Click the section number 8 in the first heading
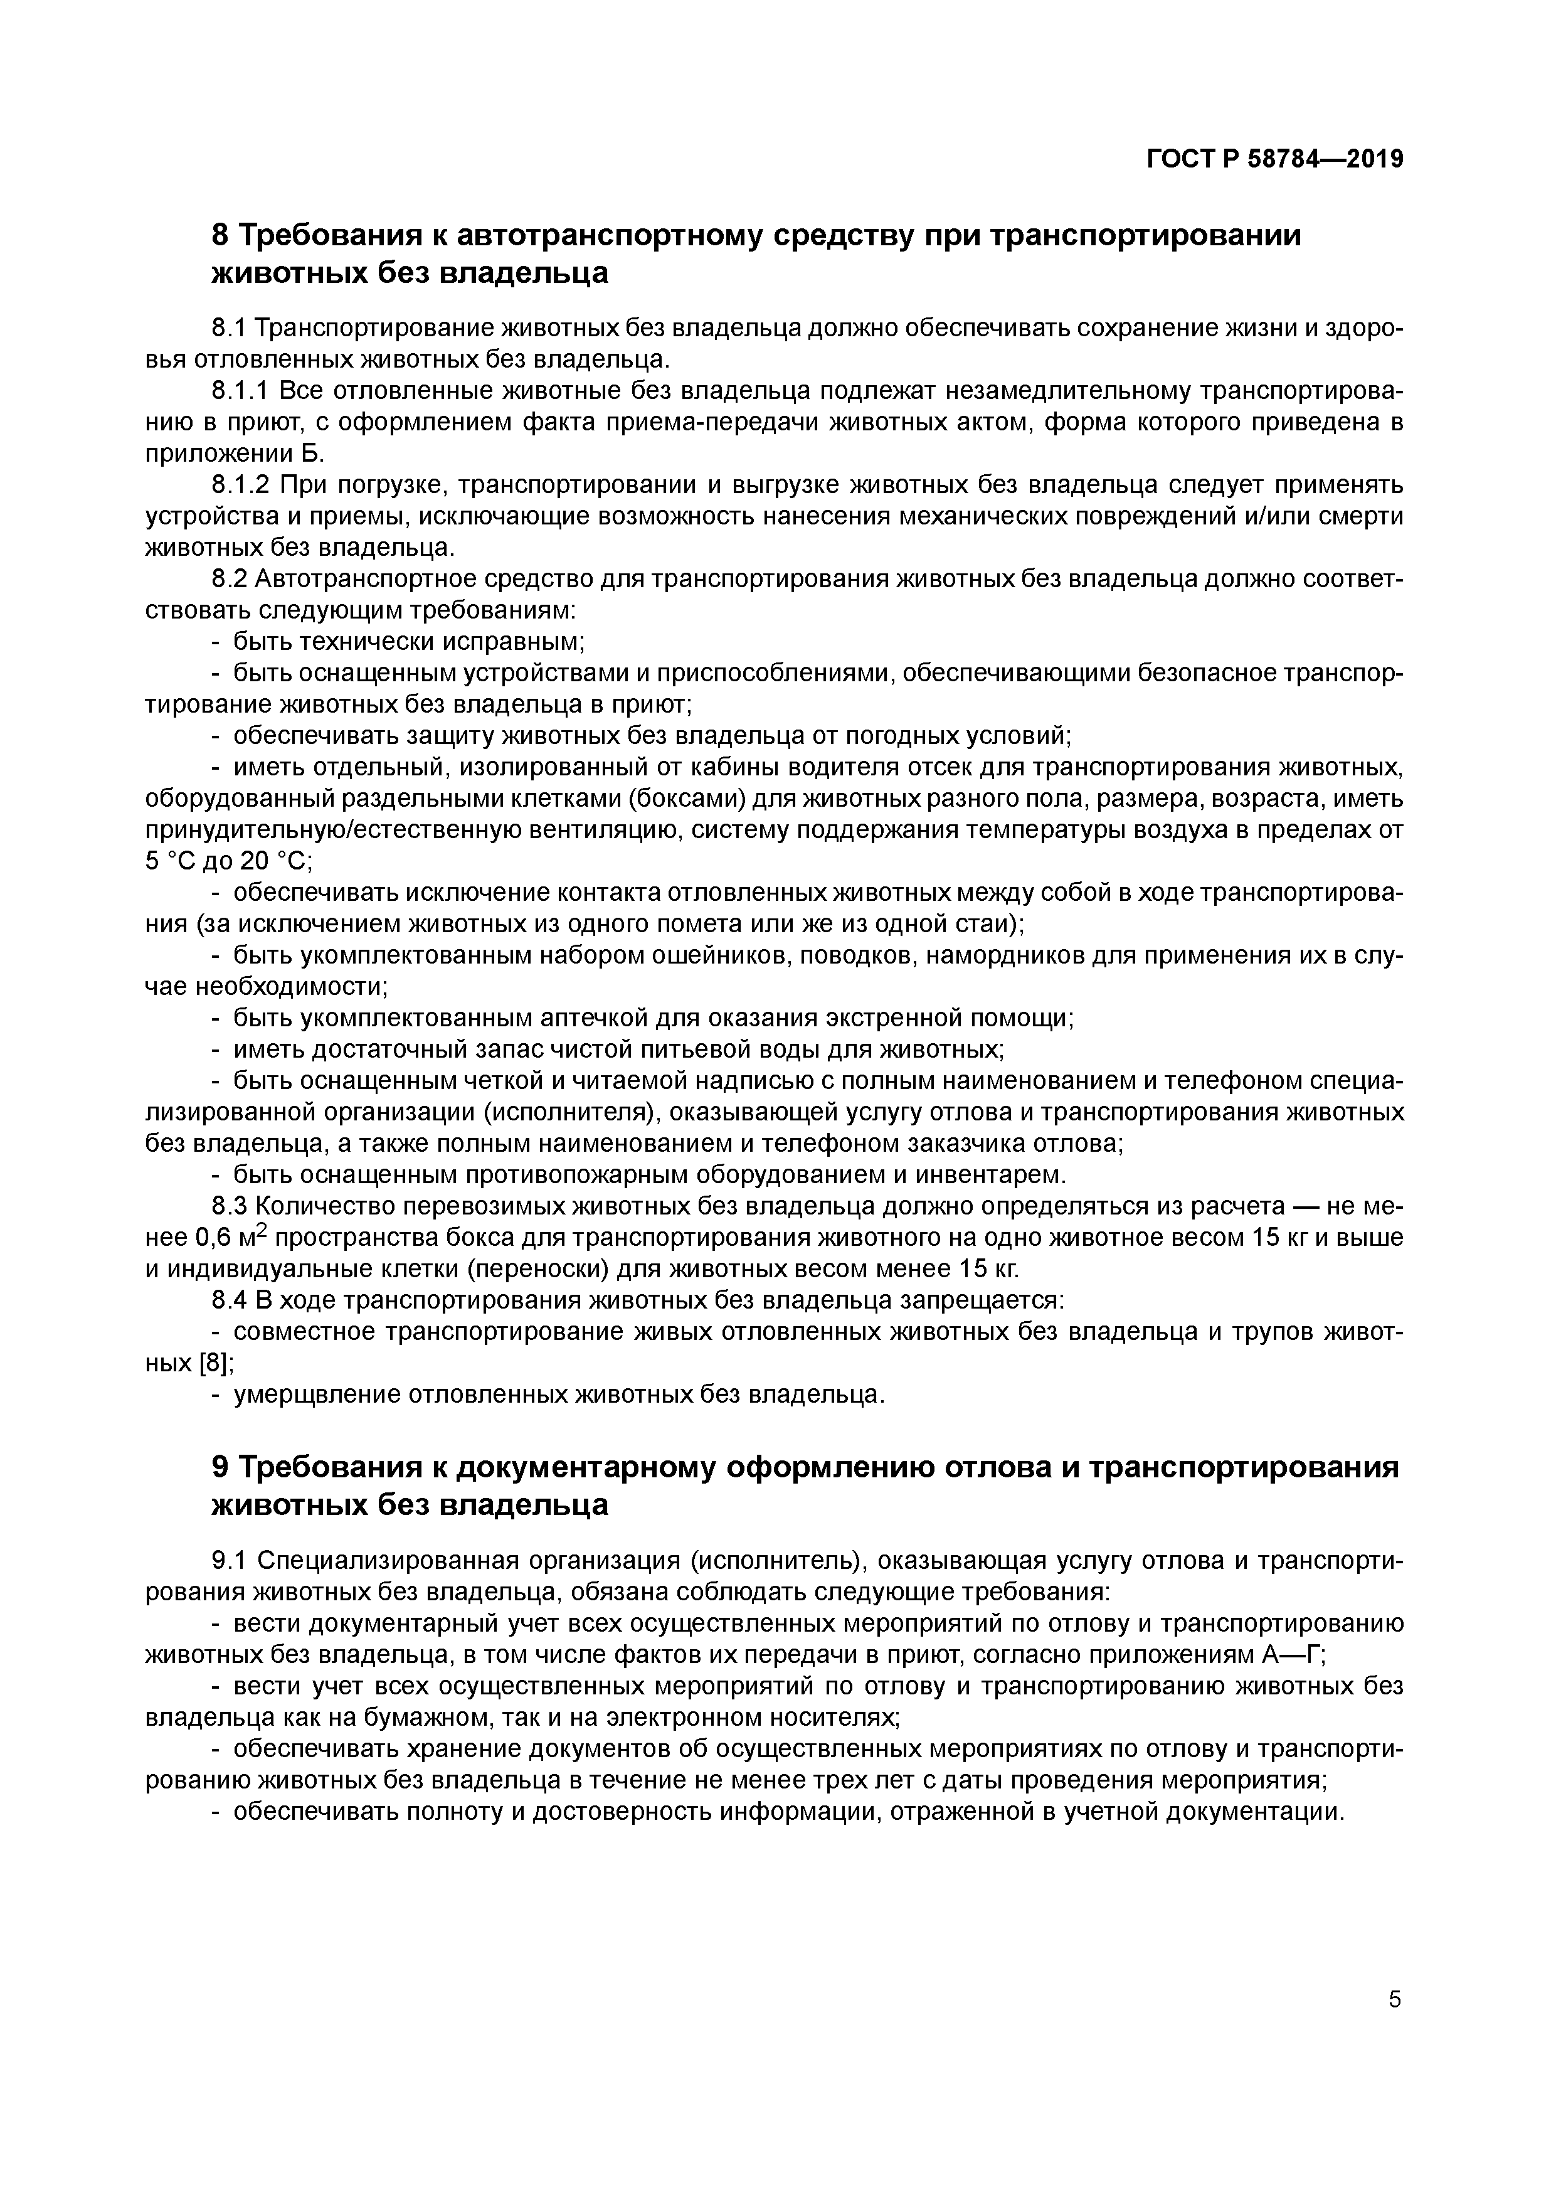pos(220,235)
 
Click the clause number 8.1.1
pos(240,391)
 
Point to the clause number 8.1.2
pos(240,485)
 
